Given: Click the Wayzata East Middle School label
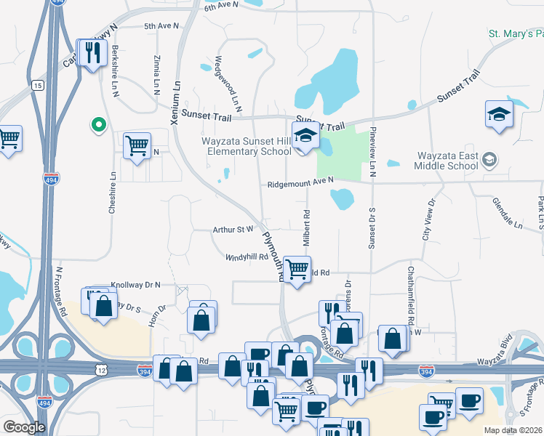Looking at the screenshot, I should pyautogui.click(x=447, y=161).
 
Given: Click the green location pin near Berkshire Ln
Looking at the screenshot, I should pyautogui.click(x=97, y=126).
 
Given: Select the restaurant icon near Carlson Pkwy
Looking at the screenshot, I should pyautogui.click(x=92, y=53).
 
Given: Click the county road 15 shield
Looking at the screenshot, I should pyautogui.click(x=38, y=86).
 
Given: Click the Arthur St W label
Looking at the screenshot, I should pyautogui.click(x=233, y=229).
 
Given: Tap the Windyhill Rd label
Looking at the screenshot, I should pyautogui.click(x=247, y=257).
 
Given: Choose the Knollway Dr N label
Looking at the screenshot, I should pyautogui.click(x=135, y=285).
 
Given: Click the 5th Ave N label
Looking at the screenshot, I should pyautogui.click(x=161, y=26).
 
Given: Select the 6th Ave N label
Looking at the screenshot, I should pyautogui.click(x=221, y=6).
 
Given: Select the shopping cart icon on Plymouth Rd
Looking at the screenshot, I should pyautogui.click(x=297, y=269).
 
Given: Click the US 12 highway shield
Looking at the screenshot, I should pyautogui.click(x=100, y=371).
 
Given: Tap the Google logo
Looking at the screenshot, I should pyautogui.click(x=25, y=427).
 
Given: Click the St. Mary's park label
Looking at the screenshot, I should pyautogui.click(x=516, y=33).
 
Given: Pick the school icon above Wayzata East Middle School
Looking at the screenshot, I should pyautogui.click(x=499, y=115).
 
